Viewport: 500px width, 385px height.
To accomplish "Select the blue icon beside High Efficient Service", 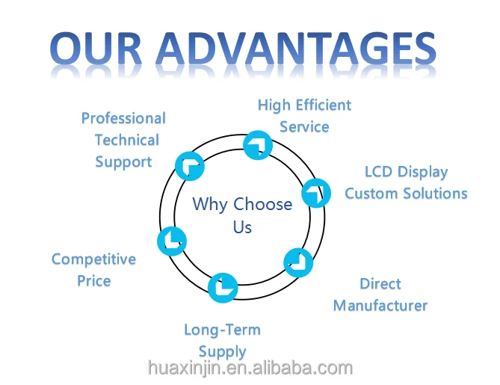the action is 258,144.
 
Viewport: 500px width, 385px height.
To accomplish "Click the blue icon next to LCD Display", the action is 316,193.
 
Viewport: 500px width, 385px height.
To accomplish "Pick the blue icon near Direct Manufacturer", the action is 298,262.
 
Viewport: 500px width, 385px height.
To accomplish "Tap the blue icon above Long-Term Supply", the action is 222,288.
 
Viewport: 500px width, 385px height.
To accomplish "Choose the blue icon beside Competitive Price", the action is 171,241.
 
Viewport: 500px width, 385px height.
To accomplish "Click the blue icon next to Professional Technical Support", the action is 188,165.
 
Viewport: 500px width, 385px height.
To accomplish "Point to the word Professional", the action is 123,118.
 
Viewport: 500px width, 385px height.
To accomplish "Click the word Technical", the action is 126,140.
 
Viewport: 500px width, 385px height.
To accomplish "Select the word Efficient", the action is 322,105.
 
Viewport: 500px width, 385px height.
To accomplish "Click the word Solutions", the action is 436,194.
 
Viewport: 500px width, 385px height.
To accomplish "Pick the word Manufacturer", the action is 380,306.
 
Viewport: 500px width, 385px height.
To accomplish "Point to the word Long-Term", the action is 222,330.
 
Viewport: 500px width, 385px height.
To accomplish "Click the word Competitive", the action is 93,259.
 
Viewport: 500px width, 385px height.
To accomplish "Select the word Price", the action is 93,281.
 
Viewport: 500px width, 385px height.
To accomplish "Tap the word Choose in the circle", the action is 262,204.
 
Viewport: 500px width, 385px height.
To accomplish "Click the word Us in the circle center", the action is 242,227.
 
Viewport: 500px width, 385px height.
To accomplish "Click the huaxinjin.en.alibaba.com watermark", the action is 250,368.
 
